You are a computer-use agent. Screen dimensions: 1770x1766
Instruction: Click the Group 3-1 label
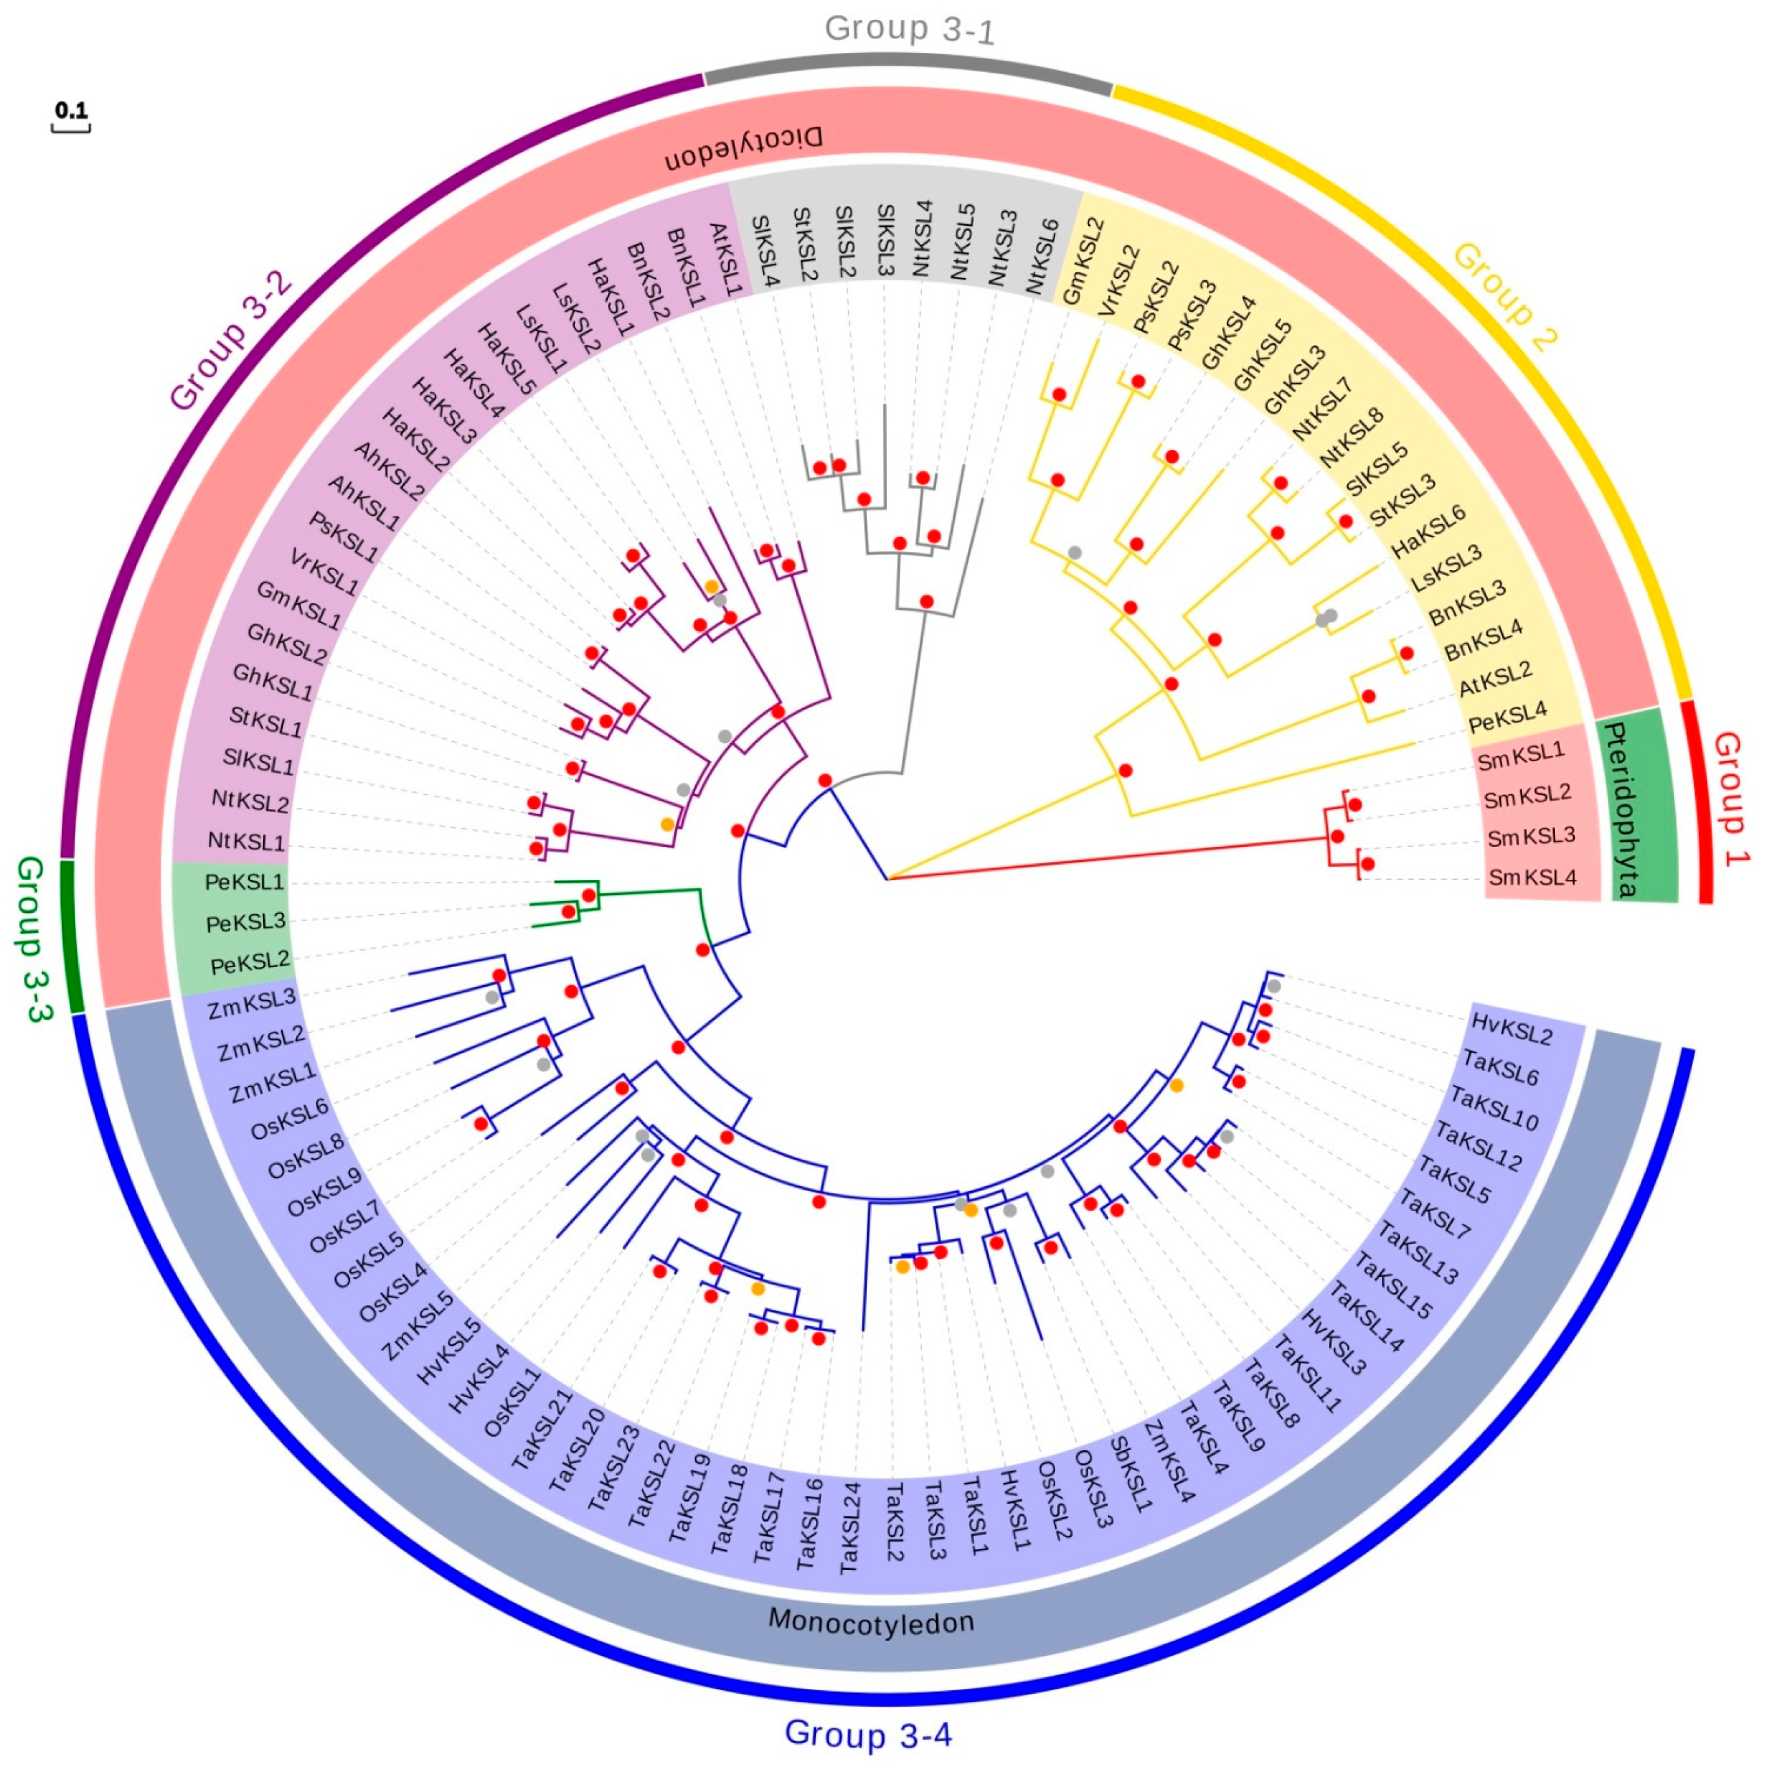tap(909, 30)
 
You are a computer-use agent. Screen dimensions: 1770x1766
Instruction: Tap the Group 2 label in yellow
tap(1505, 297)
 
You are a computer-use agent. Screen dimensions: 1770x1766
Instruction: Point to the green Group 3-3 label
tap(35, 939)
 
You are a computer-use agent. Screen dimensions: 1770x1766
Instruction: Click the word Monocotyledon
tap(870, 1621)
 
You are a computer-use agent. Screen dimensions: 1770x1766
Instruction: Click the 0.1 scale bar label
tap(71, 111)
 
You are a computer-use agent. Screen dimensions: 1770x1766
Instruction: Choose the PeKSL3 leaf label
tap(245, 922)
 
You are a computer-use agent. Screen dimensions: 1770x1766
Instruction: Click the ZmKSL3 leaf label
tap(252, 1003)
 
